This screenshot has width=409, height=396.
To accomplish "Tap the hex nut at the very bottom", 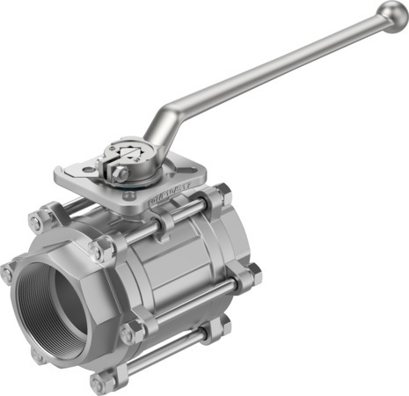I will point(99,383).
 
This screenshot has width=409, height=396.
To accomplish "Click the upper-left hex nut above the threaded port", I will point(39,220).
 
